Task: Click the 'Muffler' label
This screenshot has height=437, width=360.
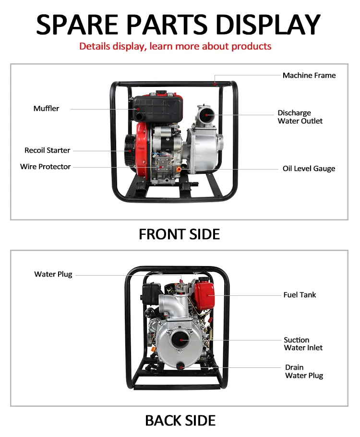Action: pyautogui.click(x=46, y=109)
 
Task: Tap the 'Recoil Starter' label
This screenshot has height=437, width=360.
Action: pyautogui.click(x=47, y=150)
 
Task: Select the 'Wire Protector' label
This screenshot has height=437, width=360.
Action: pyautogui.click(x=45, y=167)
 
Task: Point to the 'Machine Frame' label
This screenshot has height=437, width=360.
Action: pyautogui.click(x=309, y=75)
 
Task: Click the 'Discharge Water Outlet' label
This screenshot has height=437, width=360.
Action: pyautogui.click(x=300, y=117)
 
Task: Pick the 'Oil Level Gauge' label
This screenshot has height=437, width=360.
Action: pyautogui.click(x=309, y=169)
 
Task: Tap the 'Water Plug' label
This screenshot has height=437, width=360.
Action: pyautogui.click(x=53, y=274)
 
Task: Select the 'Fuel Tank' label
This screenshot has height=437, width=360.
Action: pyautogui.click(x=300, y=295)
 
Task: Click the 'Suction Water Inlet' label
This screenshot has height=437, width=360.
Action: pyautogui.click(x=303, y=344)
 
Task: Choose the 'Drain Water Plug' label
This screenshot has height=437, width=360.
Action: pyautogui.click(x=304, y=372)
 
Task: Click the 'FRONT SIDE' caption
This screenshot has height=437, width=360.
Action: pyautogui.click(x=179, y=234)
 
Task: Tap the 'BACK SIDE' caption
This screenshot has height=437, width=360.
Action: pyautogui.click(x=180, y=421)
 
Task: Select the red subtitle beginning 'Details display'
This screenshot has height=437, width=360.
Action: pyautogui.click(x=175, y=47)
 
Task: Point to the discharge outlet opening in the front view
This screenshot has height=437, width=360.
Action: pyautogui.click(x=205, y=114)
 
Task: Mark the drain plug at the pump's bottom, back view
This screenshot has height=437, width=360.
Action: pyautogui.click(x=181, y=367)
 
